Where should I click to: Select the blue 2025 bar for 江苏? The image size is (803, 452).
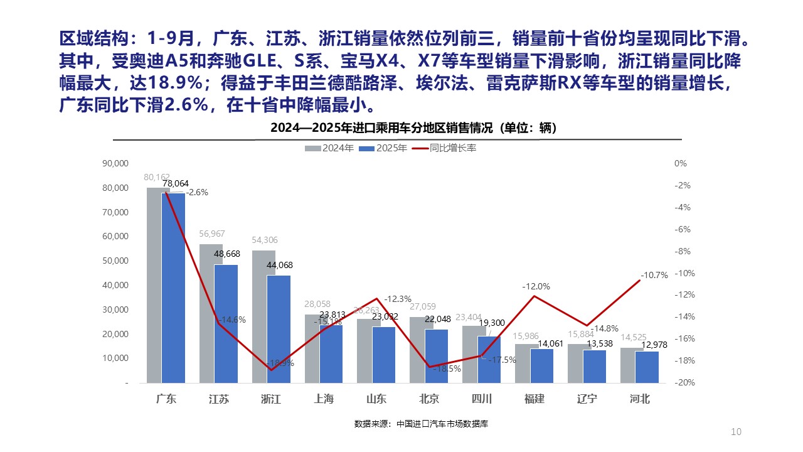point(226,323)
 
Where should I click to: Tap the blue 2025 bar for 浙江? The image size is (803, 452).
point(279,329)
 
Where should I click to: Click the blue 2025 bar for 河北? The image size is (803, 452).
point(647,367)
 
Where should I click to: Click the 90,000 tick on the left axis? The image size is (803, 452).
point(115,163)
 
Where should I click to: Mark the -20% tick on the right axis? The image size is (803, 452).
point(680,382)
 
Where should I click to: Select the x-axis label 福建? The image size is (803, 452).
point(534,399)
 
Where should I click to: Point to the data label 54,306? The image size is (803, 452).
point(263,240)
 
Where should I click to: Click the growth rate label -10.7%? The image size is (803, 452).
point(654,275)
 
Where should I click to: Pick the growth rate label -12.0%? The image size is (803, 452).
point(536,286)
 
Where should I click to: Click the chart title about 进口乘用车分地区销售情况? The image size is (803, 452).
point(413,128)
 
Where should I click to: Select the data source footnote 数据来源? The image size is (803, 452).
point(421,424)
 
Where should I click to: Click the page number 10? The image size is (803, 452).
point(737,431)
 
